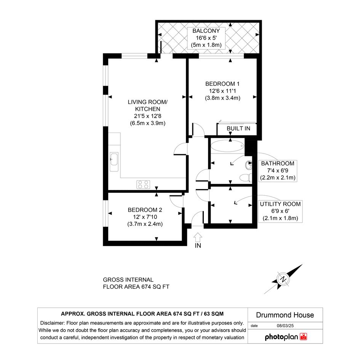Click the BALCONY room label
(206, 31)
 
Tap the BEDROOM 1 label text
(222, 84)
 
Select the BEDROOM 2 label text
(145, 210)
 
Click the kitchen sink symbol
(114, 162)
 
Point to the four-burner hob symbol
(143, 184)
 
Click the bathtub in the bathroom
(227, 145)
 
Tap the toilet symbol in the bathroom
(246, 178)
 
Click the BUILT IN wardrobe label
(238, 128)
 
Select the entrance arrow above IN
(198, 237)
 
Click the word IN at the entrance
(198, 246)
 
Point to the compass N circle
(283, 279)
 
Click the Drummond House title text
(285, 315)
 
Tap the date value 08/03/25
(285, 326)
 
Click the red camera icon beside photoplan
(303, 337)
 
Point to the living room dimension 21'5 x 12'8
(148, 116)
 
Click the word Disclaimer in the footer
(52, 323)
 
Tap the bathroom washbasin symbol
(249, 165)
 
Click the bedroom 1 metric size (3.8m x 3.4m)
(222, 98)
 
